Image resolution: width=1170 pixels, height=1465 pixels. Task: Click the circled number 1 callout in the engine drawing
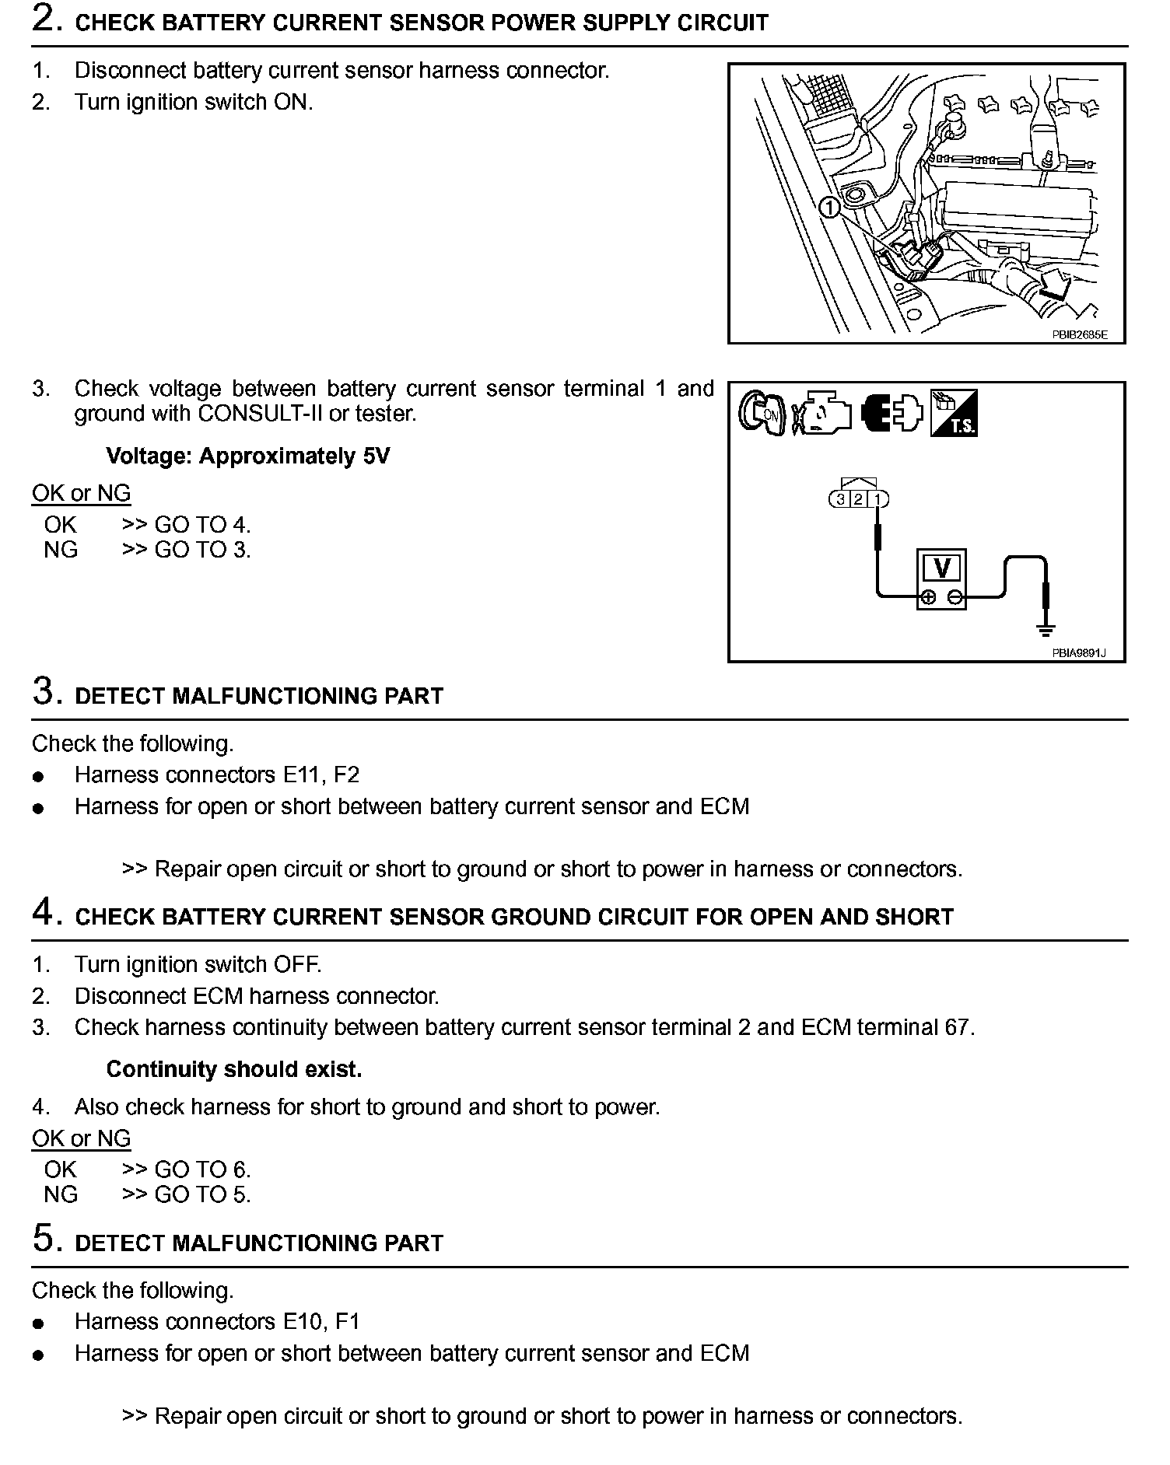click(x=829, y=208)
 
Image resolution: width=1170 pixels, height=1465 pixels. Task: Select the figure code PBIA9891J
click(x=1078, y=653)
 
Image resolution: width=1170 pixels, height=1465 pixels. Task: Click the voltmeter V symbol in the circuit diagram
click(x=941, y=568)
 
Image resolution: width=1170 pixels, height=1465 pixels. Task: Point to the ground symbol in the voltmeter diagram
click(x=1047, y=629)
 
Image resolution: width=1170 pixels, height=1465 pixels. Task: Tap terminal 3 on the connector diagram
click(x=840, y=499)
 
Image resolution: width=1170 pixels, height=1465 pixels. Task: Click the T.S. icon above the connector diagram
click(x=954, y=413)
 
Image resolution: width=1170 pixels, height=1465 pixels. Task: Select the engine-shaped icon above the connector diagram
click(x=822, y=413)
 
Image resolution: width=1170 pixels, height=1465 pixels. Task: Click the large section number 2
click(x=45, y=19)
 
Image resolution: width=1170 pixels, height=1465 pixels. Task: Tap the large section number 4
click(x=45, y=913)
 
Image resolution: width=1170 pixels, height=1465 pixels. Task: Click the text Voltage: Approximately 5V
click(x=247, y=456)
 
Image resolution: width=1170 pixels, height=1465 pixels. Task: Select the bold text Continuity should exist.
click(x=234, y=1069)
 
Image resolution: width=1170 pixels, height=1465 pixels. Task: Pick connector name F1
click(x=347, y=1321)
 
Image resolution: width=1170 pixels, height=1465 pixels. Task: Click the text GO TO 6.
click(x=202, y=1170)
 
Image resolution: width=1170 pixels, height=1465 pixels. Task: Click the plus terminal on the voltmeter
click(x=927, y=597)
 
